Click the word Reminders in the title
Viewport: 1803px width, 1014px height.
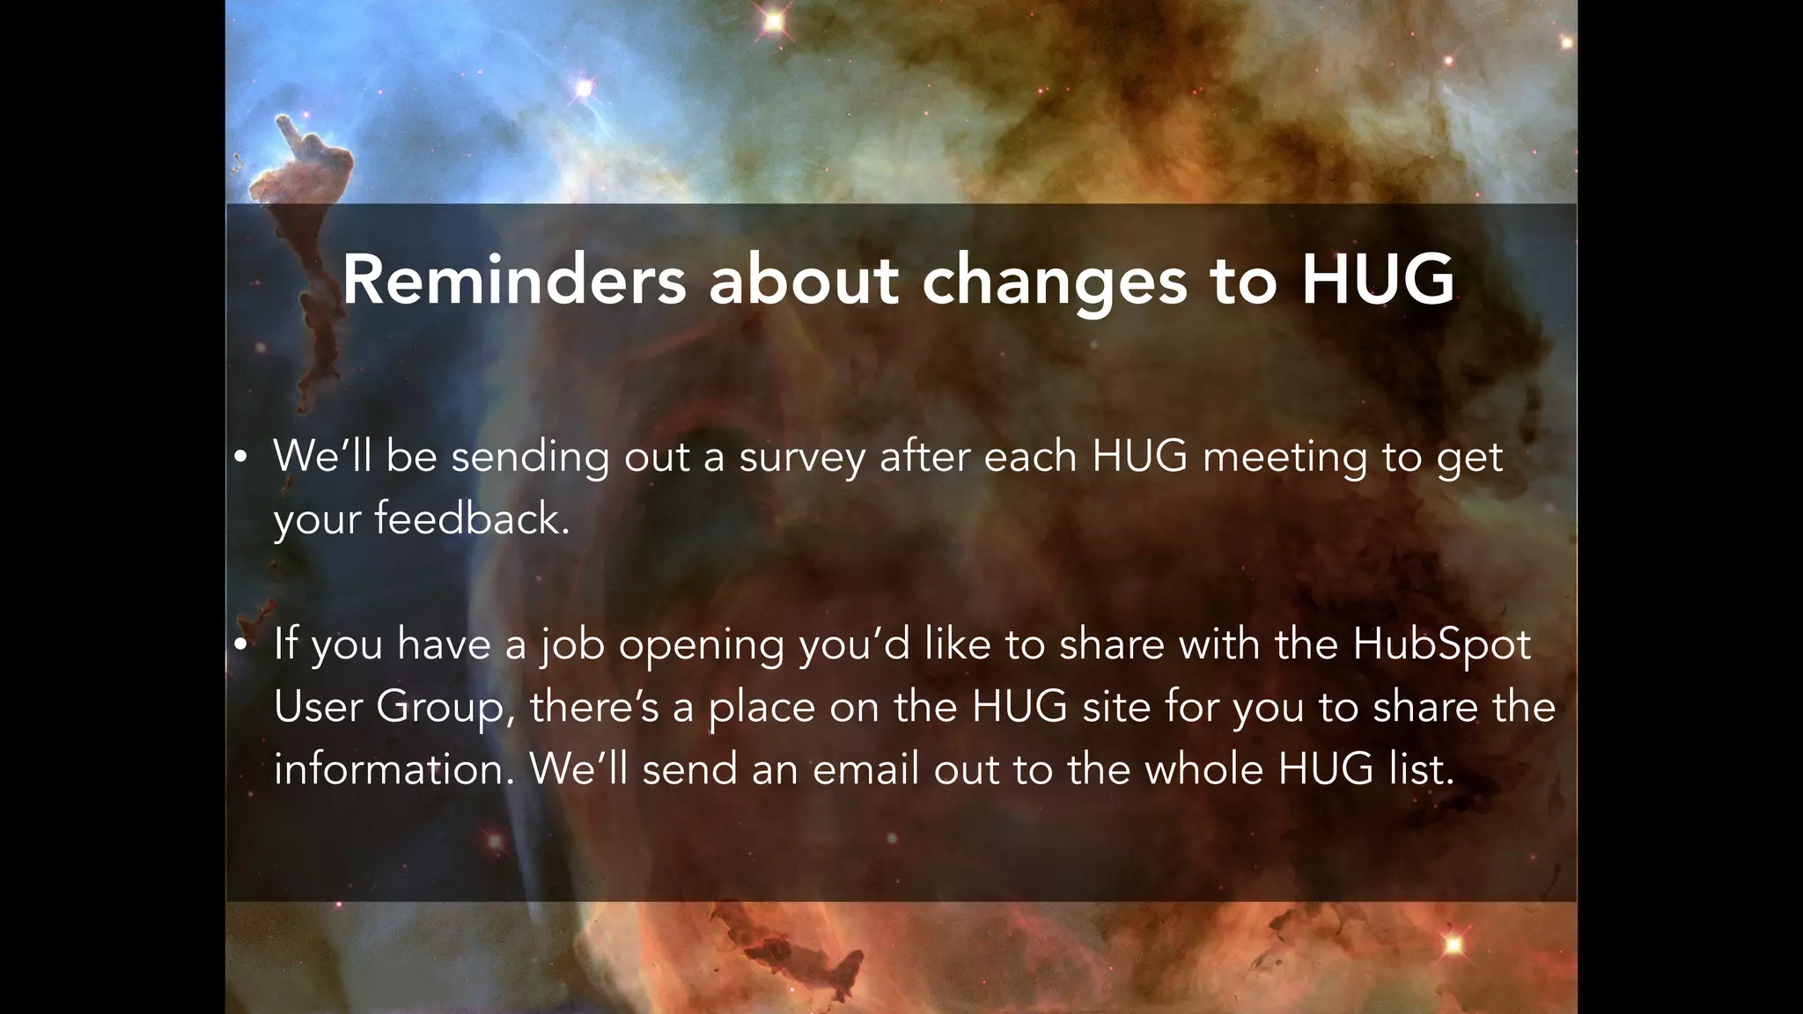coord(513,280)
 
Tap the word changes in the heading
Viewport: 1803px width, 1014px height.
coord(1054,282)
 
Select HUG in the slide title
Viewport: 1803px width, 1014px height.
coord(1378,280)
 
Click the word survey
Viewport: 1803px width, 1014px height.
coord(801,458)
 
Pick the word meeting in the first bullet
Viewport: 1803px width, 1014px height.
coord(1284,458)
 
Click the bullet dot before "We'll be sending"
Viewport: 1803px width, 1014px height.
coord(240,458)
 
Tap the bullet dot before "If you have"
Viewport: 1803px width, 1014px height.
coord(240,644)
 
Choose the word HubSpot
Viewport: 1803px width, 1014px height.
coord(1441,645)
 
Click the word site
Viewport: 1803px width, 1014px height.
coord(1116,707)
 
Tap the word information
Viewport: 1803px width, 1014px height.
coord(394,769)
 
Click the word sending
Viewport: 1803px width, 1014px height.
coord(530,458)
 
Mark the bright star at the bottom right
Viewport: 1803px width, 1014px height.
coord(1453,945)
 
